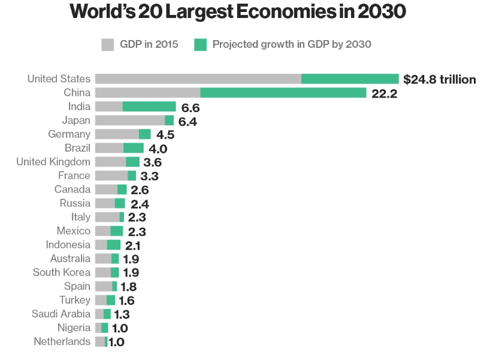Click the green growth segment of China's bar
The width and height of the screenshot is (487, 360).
(x=283, y=92)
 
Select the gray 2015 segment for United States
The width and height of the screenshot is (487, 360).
(x=198, y=78)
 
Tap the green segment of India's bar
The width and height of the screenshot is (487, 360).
(x=149, y=106)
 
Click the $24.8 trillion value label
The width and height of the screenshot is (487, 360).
(x=440, y=79)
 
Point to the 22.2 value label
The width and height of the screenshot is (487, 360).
(x=384, y=93)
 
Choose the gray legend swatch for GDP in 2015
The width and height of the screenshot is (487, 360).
(x=108, y=44)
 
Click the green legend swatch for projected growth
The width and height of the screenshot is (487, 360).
(x=201, y=44)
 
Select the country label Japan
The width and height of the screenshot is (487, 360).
(x=76, y=120)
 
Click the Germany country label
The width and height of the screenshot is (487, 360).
(x=69, y=134)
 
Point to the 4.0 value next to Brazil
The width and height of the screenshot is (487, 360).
(x=158, y=149)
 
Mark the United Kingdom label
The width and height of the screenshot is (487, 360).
(x=53, y=162)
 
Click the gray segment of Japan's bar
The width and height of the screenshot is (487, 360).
(x=129, y=120)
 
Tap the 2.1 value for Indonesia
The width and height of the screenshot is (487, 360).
(x=132, y=245)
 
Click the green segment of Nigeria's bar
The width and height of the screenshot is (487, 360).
(x=105, y=328)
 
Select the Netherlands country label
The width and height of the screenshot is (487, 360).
(x=62, y=341)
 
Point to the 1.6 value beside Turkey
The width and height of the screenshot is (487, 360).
(x=126, y=300)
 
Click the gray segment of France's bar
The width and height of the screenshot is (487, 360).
(x=111, y=176)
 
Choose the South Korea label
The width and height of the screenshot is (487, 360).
(x=62, y=273)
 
